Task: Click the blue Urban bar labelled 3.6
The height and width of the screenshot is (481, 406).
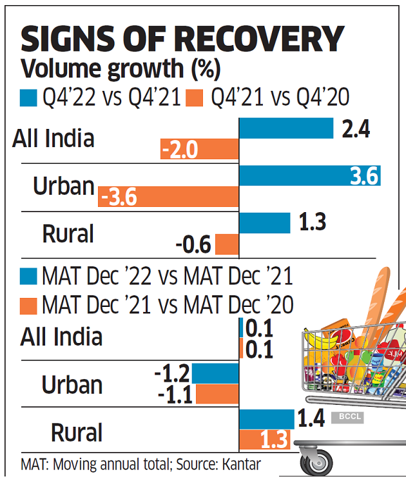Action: click(x=309, y=175)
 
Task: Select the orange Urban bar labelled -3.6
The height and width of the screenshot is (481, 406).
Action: click(x=169, y=197)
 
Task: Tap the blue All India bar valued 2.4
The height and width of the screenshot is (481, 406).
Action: click(x=286, y=128)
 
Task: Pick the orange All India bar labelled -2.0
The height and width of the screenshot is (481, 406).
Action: click(x=200, y=150)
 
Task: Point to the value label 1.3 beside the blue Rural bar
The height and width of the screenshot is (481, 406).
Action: click(x=312, y=222)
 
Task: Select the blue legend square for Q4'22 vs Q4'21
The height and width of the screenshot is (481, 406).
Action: click(x=30, y=97)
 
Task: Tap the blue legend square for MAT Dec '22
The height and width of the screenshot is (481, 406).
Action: click(x=30, y=277)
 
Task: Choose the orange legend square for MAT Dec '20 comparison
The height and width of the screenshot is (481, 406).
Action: click(x=30, y=304)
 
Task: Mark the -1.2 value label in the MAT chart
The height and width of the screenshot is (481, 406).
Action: click(x=172, y=373)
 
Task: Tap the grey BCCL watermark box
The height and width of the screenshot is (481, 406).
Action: click(x=347, y=417)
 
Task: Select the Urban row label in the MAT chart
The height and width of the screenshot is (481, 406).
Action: click(x=72, y=385)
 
